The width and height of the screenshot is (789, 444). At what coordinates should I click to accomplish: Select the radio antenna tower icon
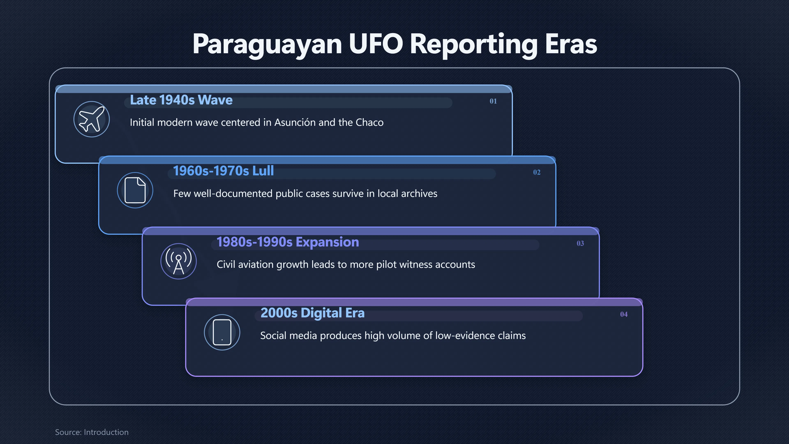[x=179, y=261]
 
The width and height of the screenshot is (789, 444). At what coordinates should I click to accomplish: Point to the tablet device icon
[x=222, y=332]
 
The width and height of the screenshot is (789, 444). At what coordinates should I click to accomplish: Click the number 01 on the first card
[x=493, y=101]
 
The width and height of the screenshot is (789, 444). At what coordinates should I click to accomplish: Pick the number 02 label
[x=537, y=172]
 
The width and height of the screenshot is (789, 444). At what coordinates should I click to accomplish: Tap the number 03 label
[x=580, y=243]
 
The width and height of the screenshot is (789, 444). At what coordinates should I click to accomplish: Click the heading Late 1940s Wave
[x=181, y=100]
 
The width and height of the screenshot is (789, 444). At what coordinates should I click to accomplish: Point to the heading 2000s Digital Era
[x=312, y=313]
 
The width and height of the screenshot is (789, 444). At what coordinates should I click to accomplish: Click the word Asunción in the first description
[x=295, y=122]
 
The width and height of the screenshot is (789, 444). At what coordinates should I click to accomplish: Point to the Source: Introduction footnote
[x=92, y=432]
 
